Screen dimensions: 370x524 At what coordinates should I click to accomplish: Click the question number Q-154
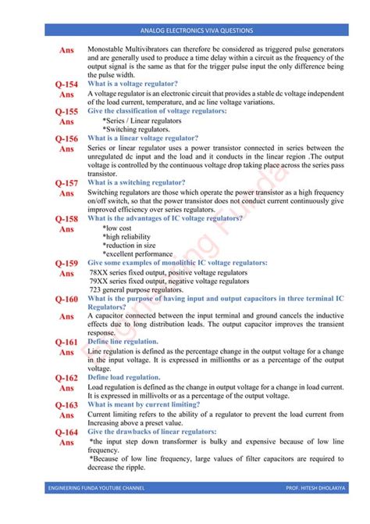point(66,84)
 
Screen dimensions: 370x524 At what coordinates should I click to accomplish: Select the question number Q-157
point(66,182)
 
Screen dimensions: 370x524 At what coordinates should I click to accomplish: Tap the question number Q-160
point(66,300)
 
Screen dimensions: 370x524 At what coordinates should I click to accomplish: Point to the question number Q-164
point(66,432)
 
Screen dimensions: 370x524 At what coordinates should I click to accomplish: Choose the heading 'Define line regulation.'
point(123,342)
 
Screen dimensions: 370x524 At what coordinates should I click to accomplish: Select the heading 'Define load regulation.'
point(124,377)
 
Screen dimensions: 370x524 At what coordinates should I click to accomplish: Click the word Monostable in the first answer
point(107,48)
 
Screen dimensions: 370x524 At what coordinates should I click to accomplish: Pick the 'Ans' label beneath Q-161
point(67,353)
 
